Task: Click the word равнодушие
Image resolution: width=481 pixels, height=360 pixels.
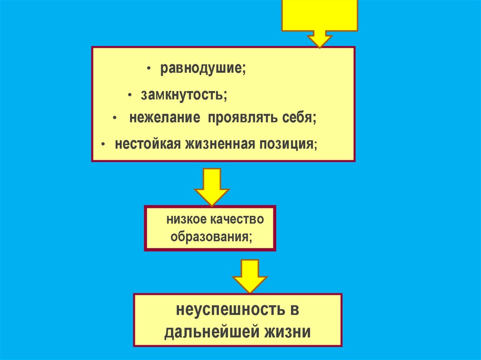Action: [x=202, y=69]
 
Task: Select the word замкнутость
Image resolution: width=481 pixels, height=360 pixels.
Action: [x=183, y=95]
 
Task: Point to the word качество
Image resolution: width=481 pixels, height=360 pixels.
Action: [x=235, y=219]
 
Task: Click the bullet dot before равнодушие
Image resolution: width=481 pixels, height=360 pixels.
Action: [x=148, y=69]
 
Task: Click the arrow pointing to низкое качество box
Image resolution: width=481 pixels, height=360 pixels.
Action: [x=211, y=186]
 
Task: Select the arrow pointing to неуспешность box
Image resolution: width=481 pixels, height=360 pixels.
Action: [x=249, y=276]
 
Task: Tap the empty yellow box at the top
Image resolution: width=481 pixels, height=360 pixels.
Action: [x=319, y=14]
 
